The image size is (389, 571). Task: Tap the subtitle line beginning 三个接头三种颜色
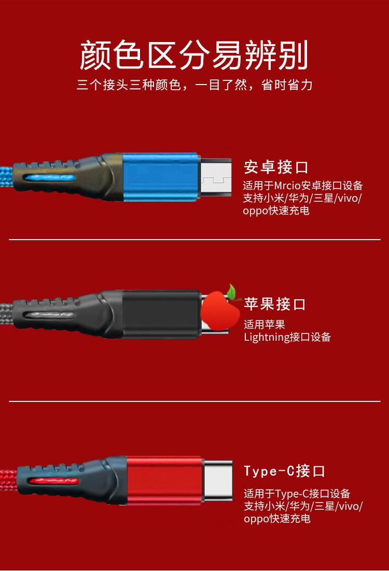(194, 85)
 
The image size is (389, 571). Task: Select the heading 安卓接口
(276, 168)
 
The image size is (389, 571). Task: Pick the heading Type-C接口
(284, 471)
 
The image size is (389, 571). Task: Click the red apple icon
(220, 310)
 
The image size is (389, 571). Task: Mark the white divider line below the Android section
(194, 240)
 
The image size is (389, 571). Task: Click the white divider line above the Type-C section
(194, 401)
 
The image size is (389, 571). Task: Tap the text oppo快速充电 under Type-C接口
(277, 519)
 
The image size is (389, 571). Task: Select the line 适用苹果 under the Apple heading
(265, 325)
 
